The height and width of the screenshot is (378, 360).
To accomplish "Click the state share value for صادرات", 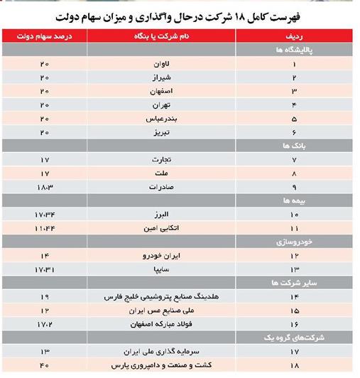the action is (x=44, y=187).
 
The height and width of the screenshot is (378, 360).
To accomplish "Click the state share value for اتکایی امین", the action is (x=44, y=228).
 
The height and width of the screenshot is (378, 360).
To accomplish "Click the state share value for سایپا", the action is (x=44, y=269).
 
